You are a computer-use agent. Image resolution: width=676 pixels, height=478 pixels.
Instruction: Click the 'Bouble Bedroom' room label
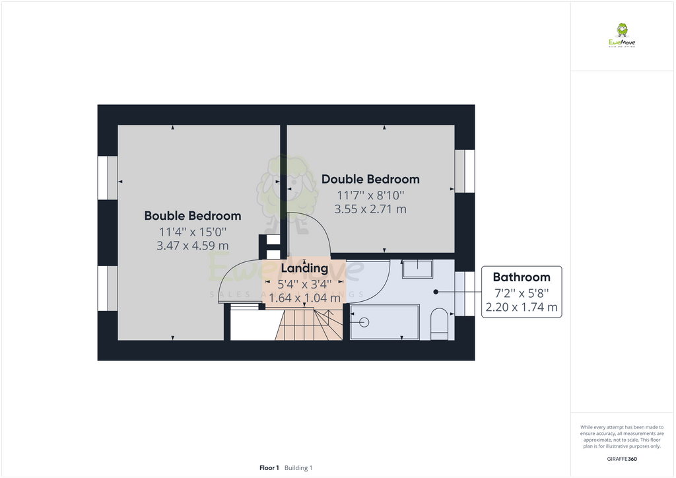(192, 216)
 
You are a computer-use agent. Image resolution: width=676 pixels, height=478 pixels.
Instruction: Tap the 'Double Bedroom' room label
(370, 179)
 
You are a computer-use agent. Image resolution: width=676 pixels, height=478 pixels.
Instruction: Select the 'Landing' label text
(304, 269)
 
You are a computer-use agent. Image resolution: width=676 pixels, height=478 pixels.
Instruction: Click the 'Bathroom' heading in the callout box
(521, 277)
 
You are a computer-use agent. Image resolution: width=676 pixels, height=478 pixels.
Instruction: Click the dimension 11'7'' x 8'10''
(370, 195)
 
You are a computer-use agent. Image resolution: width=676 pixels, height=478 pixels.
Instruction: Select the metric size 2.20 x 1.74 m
(521, 307)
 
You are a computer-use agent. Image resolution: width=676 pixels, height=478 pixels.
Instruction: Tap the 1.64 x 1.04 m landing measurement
(304, 298)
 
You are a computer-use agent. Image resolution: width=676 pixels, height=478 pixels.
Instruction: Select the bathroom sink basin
(417, 268)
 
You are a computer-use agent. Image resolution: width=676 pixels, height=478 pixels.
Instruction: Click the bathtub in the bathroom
(384, 322)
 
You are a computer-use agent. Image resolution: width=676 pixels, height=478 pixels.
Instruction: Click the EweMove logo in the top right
(621, 36)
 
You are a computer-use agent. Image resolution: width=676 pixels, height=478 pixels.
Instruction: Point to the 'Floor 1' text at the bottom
(269, 468)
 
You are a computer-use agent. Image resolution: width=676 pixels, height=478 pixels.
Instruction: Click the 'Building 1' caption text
(298, 468)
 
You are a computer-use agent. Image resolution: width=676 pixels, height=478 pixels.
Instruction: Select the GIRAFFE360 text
(621, 459)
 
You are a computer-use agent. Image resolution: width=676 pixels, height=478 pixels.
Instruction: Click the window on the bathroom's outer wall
(465, 293)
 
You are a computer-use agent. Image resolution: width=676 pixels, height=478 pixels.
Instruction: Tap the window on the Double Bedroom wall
(465, 171)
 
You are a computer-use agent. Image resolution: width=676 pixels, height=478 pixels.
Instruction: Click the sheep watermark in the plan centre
(287, 191)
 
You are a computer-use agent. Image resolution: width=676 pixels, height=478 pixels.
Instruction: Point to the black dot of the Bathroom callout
(436, 292)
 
